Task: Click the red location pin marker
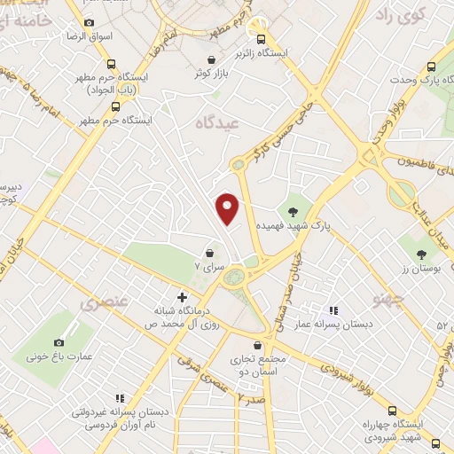click(229, 207)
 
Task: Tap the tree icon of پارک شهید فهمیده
click(292, 211)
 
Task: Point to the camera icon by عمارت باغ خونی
click(59, 342)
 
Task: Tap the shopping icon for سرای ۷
click(209, 251)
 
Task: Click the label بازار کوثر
click(214, 73)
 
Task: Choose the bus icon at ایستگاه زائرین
click(261, 39)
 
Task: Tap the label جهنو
click(392, 301)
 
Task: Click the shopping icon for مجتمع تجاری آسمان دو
click(258, 345)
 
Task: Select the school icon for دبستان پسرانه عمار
click(333, 311)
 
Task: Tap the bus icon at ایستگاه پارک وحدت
click(432, 67)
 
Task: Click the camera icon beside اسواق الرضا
click(88, 22)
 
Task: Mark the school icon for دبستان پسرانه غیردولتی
click(121, 398)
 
